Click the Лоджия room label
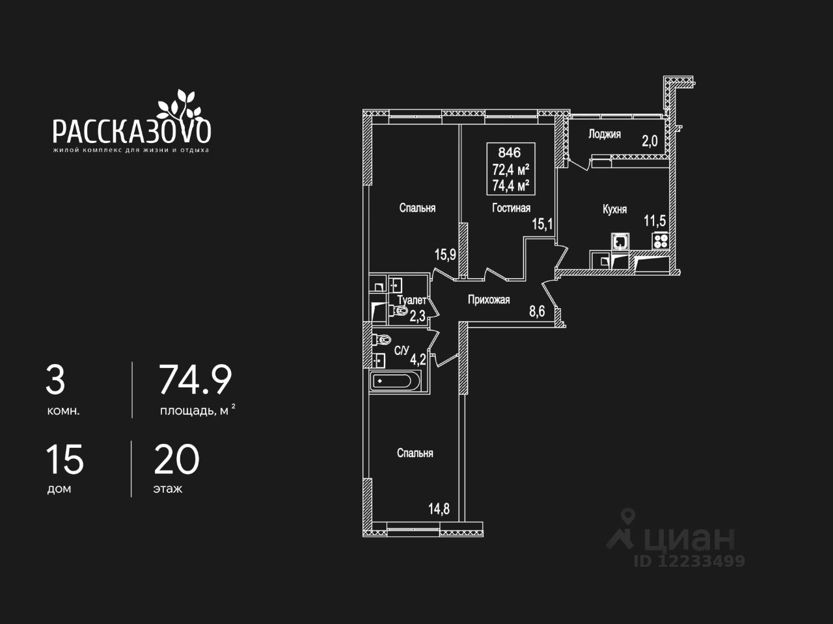[x=604, y=135]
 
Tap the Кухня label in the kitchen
[x=614, y=209]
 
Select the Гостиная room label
[x=510, y=208]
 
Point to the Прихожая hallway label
[x=488, y=300]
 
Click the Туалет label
[x=411, y=300]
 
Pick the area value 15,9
[x=445, y=254]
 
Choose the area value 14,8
[x=439, y=509]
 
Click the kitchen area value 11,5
[x=655, y=220]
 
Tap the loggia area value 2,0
[x=650, y=141]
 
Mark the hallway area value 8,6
[x=537, y=312]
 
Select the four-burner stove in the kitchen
[x=660, y=240]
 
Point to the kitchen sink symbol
[x=620, y=241]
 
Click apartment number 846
[x=509, y=153]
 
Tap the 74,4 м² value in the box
[x=510, y=185]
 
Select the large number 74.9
[x=195, y=380]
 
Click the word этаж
[x=168, y=489]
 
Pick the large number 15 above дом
[x=64, y=460]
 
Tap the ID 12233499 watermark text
[x=689, y=561]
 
